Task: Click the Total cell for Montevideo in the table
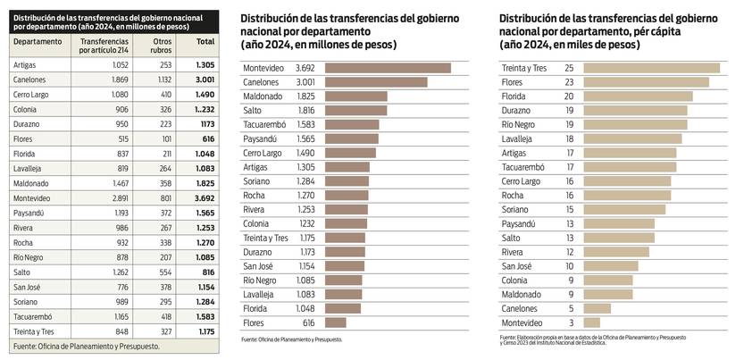tap(205, 197)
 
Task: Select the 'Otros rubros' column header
tap(162, 47)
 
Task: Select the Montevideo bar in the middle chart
tap(388, 68)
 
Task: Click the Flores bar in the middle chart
tap(336, 322)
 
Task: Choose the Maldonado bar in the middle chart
tap(355, 96)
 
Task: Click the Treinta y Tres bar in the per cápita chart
tap(651, 68)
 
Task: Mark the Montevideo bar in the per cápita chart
tap(591, 322)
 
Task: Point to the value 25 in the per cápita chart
tap(569, 68)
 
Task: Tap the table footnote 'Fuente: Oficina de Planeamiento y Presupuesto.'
tap(80, 346)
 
